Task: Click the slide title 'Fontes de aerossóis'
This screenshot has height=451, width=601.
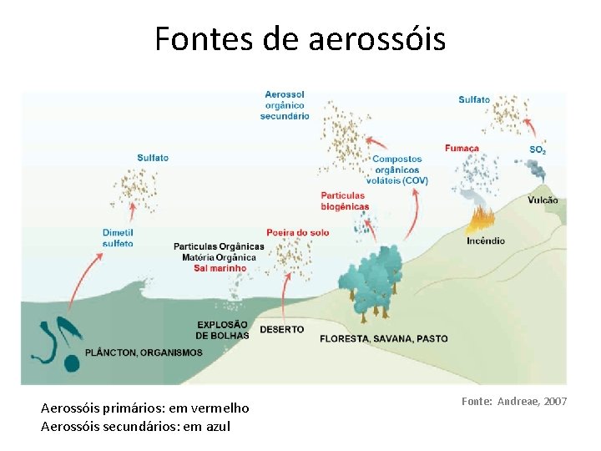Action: tap(300, 39)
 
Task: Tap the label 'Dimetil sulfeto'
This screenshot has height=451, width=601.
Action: tap(118, 237)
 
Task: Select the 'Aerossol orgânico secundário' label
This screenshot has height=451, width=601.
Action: tap(285, 105)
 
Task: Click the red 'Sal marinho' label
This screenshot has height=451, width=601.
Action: tap(220, 268)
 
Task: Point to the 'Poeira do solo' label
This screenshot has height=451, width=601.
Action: tap(298, 231)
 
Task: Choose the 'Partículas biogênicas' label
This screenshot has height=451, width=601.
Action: tap(345, 200)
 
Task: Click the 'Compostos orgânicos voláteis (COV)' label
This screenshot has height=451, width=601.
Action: tap(397, 170)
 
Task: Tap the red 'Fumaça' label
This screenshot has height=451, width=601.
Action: tap(462, 148)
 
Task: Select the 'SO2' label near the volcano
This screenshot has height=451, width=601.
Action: tap(538, 150)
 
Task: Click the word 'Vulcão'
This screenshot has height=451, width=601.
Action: tap(543, 200)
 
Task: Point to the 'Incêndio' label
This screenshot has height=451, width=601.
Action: tap(485, 241)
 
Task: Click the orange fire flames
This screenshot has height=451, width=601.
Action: tap(481, 220)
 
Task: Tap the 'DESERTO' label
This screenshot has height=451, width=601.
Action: tap(282, 330)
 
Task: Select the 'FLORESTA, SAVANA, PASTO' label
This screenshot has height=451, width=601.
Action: tap(384, 338)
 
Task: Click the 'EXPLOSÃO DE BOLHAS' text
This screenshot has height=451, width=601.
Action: tap(222, 330)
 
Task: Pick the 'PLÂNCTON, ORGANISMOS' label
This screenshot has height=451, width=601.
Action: tap(144, 352)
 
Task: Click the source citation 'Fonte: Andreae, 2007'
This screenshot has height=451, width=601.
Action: tap(514, 402)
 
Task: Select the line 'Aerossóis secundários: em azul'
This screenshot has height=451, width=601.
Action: tap(135, 427)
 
